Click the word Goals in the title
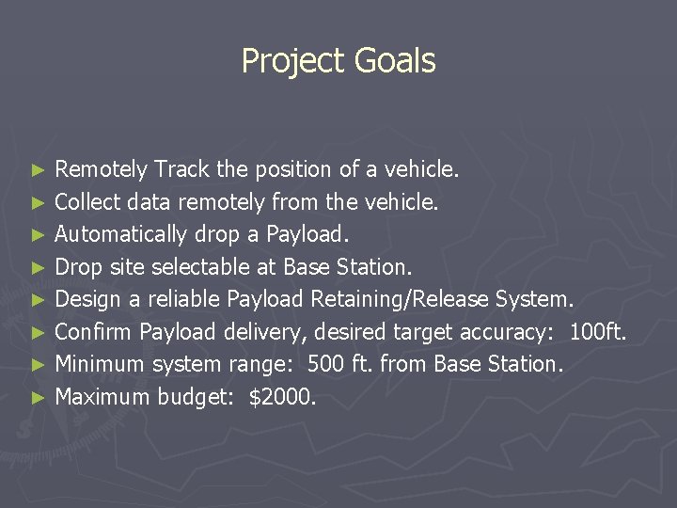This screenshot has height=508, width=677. (x=395, y=61)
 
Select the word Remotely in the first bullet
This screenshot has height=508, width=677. (x=102, y=170)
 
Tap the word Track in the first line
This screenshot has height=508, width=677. (x=182, y=170)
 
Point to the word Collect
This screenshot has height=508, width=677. (x=88, y=202)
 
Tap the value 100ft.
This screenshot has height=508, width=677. (x=599, y=332)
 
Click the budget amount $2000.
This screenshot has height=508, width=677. (x=282, y=397)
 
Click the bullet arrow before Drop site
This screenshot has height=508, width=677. (x=37, y=268)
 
